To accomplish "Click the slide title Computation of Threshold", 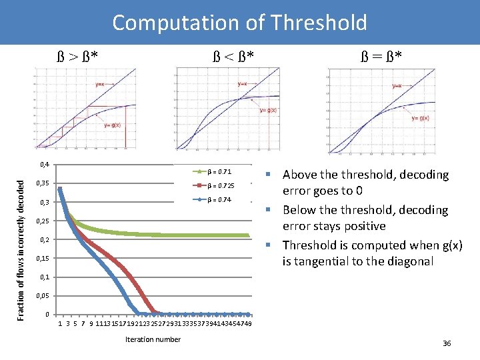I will click(239, 23).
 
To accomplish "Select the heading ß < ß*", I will click(231, 53).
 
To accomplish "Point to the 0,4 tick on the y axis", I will click(45, 165).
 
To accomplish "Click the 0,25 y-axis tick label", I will click(43, 221).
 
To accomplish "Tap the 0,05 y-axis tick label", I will click(43, 295).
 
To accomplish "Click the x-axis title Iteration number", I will click(153, 339).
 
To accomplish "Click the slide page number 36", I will click(447, 343).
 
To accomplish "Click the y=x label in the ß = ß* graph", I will click(397, 85).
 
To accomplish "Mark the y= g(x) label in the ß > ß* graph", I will click(112, 125).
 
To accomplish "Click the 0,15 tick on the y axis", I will click(43, 258).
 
